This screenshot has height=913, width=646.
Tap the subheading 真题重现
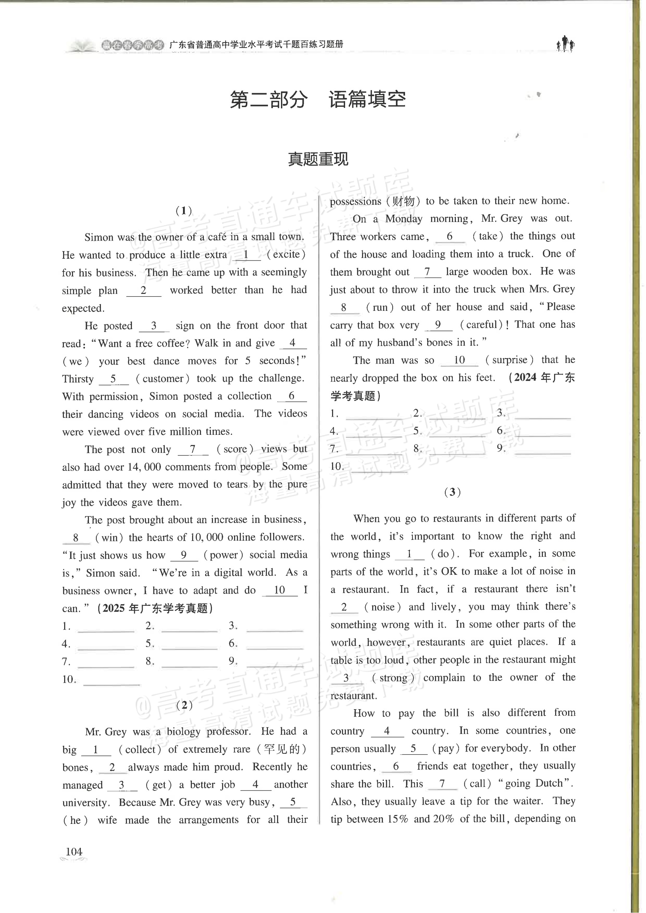pos(318,159)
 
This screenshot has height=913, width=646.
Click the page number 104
pos(74,851)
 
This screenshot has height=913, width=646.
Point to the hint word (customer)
pos(162,379)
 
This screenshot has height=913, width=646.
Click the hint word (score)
pos(235,449)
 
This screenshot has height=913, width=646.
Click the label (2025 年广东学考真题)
pos(155,608)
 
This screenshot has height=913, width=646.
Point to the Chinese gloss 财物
pos(403,201)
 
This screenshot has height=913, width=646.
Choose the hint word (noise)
pos(383,607)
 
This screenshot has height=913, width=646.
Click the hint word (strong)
pos(393,678)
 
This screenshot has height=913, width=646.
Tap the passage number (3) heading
pos(452,492)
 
